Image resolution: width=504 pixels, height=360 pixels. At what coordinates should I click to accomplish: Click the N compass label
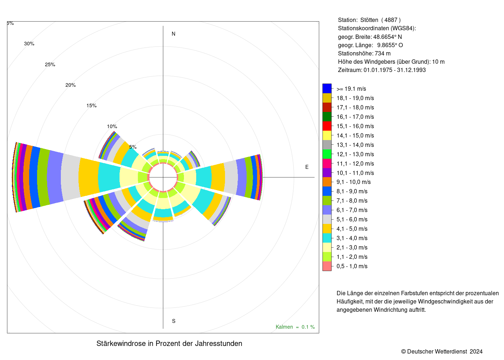173,34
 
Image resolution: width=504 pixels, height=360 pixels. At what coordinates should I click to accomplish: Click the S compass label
174,321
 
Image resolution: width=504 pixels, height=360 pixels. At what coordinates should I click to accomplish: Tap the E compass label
307,167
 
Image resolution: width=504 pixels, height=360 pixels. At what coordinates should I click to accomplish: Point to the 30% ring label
29,44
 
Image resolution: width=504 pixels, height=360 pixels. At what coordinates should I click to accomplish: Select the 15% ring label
91,105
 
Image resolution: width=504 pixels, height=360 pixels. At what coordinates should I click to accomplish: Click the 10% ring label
112,126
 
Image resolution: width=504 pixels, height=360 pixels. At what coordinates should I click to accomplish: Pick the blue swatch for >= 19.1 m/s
327,89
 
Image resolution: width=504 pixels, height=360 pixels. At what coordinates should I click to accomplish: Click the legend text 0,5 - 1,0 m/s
352,266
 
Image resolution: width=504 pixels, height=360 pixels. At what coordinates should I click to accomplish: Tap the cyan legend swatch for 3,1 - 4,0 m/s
327,238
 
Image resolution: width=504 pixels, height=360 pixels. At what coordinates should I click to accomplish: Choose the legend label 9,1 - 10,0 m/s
354,182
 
